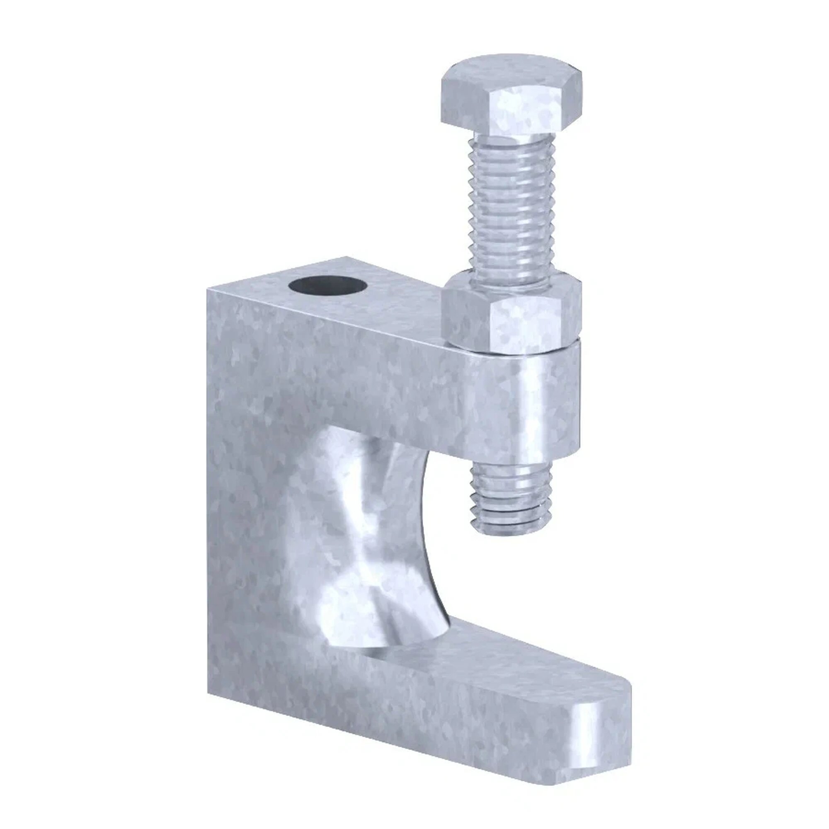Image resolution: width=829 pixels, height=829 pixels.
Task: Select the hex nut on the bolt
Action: click(x=511, y=318)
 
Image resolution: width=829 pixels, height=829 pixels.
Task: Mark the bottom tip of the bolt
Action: click(x=511, y=532)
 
